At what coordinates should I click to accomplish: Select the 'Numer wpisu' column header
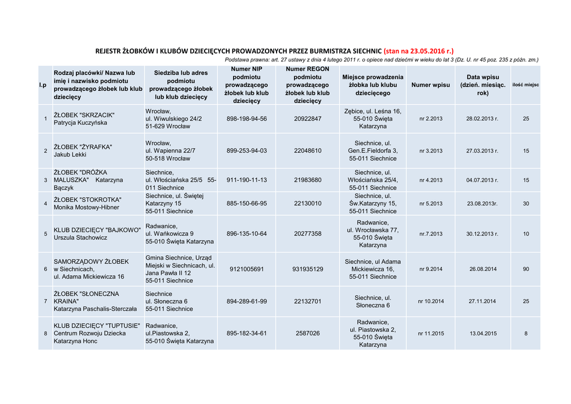coord(430,85)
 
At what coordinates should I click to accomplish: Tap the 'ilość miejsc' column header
coord(526,85)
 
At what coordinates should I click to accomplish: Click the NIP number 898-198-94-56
coord(246,119)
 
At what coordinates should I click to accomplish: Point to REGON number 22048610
coord(308,150)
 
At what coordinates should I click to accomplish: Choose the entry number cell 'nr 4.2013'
coord(430,180)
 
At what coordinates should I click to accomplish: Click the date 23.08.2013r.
coord(482,203)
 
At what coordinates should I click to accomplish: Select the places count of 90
coord(526,269)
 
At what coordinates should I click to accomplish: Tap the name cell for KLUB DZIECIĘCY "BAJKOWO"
coord(96,233)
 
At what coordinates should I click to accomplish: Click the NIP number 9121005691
coord(246,269)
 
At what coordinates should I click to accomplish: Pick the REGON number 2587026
coord(308,333)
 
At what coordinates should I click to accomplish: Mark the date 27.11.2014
coord(482,301)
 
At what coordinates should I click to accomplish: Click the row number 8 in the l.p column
coord(45,333)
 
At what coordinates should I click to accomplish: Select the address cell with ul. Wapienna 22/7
coord(170,150)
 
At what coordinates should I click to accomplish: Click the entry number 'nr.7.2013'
coord(430,233)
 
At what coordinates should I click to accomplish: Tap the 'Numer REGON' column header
coord(308,85)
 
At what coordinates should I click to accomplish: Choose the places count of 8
coord(526,333)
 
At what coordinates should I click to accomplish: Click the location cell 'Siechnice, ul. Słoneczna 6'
coord(372,301)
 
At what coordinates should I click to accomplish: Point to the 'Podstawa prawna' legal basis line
coord(381,60)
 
